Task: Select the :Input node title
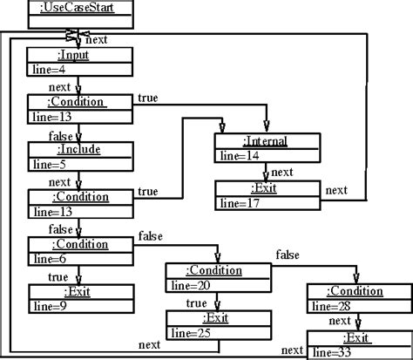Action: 80,54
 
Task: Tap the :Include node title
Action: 80,149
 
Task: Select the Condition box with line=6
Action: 80,251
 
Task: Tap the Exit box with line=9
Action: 80,299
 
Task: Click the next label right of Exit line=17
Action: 337,189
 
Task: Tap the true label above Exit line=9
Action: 58,276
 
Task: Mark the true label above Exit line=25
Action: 197,302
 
